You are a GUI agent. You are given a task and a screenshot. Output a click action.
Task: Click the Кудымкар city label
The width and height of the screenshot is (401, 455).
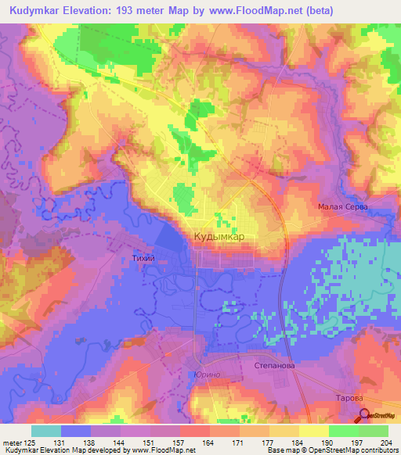(219, 236)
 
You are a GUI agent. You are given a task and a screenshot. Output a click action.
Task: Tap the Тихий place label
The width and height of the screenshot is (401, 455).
(143, 257)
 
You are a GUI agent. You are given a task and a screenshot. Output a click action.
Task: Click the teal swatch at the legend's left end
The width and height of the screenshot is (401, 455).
(46, 431)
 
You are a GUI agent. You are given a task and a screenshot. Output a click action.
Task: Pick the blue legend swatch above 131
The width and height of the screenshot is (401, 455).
(76, 431)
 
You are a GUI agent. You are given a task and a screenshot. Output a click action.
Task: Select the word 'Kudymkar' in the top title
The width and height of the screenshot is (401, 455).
(39, 11)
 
